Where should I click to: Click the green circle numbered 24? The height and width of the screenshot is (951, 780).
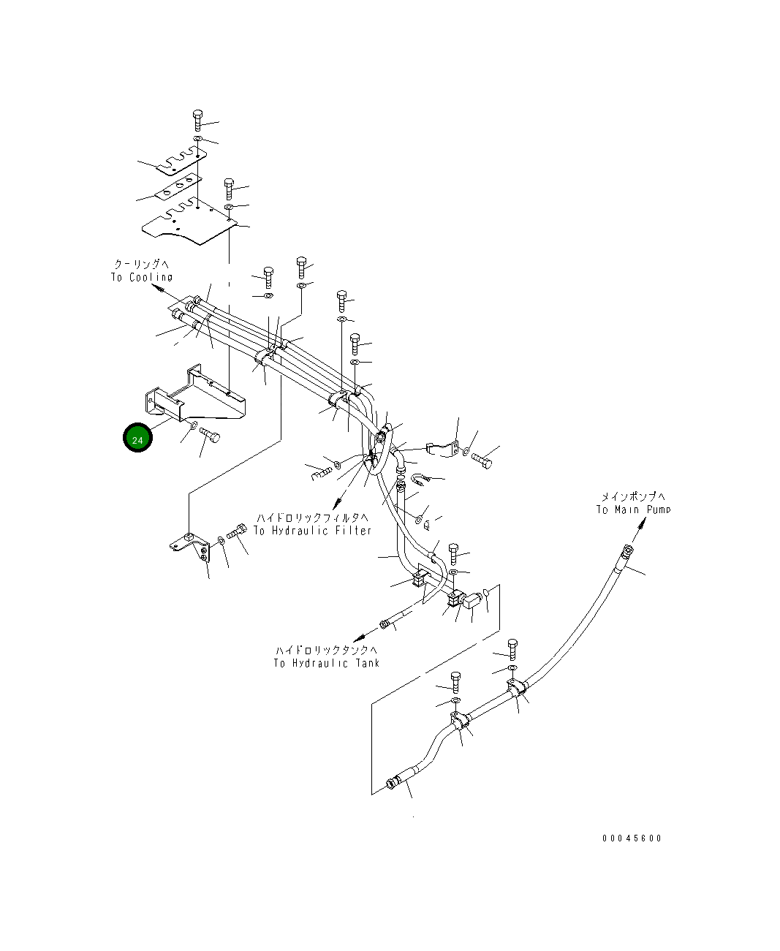point(137,437)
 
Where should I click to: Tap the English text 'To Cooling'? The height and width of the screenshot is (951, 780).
point(142,277)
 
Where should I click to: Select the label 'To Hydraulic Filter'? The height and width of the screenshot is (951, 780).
point(312,531)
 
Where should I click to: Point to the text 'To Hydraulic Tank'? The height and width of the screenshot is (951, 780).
point(327,663)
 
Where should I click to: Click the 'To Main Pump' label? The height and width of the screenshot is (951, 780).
point(634,509)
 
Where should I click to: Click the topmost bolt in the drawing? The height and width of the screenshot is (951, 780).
point(197,120)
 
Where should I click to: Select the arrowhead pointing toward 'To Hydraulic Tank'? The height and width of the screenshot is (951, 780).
point(358,639)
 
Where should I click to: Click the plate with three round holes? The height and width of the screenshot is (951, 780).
point(178,186)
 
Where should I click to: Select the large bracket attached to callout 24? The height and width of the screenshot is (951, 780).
point(195,394)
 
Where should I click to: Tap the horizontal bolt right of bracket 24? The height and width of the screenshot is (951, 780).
point(210,435)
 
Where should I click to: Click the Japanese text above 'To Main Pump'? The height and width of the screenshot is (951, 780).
point(634,497)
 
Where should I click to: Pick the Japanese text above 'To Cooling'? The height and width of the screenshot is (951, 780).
point(141,264)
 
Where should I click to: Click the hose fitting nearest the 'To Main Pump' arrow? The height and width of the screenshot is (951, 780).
point(626,551)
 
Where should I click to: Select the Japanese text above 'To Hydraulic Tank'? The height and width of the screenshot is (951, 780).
point(327,651)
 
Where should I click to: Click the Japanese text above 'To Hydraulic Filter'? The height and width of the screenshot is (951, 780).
point(312,518)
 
